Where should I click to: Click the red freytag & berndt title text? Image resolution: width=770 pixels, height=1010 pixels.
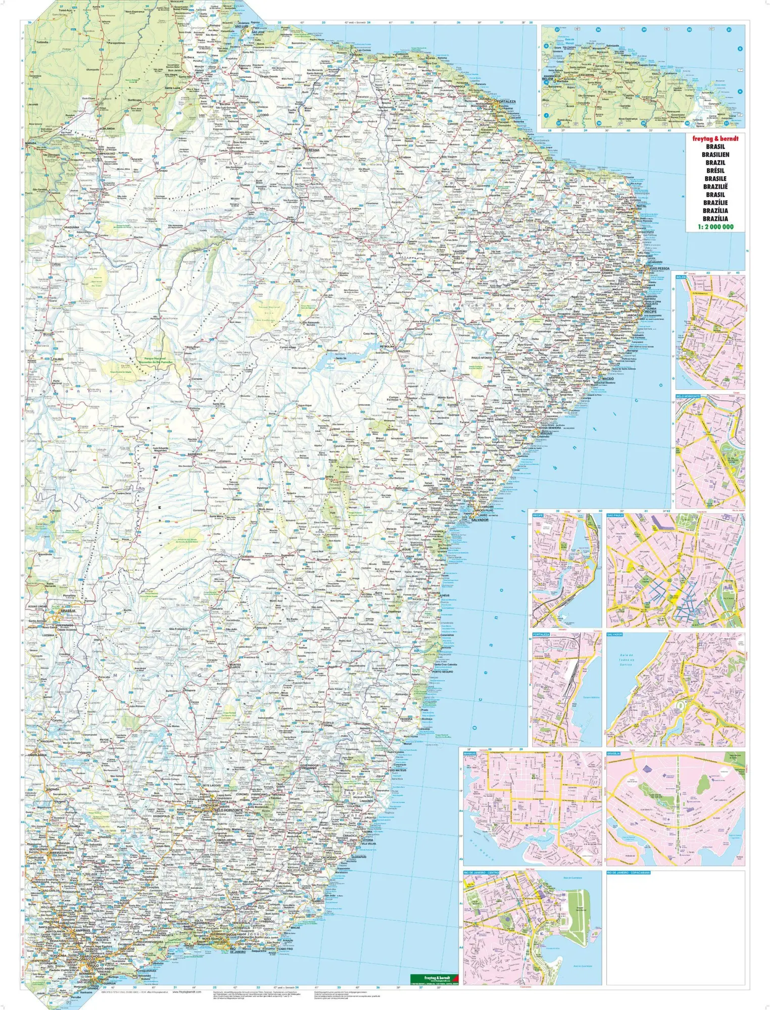(x=715, y=138)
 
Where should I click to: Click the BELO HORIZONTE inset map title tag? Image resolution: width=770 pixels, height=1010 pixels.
(x=688, y=396)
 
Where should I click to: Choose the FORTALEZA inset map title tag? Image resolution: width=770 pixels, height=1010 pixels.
(x=541, y=634)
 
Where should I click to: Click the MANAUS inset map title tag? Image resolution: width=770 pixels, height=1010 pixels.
(x=470, y=753)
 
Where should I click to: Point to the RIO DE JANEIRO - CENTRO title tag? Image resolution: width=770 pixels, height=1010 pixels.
(x=482, y=873)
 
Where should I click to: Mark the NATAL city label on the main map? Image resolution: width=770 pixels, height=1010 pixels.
(x=641, y=206)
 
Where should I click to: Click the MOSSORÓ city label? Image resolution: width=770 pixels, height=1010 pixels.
(x=547, y=172)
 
